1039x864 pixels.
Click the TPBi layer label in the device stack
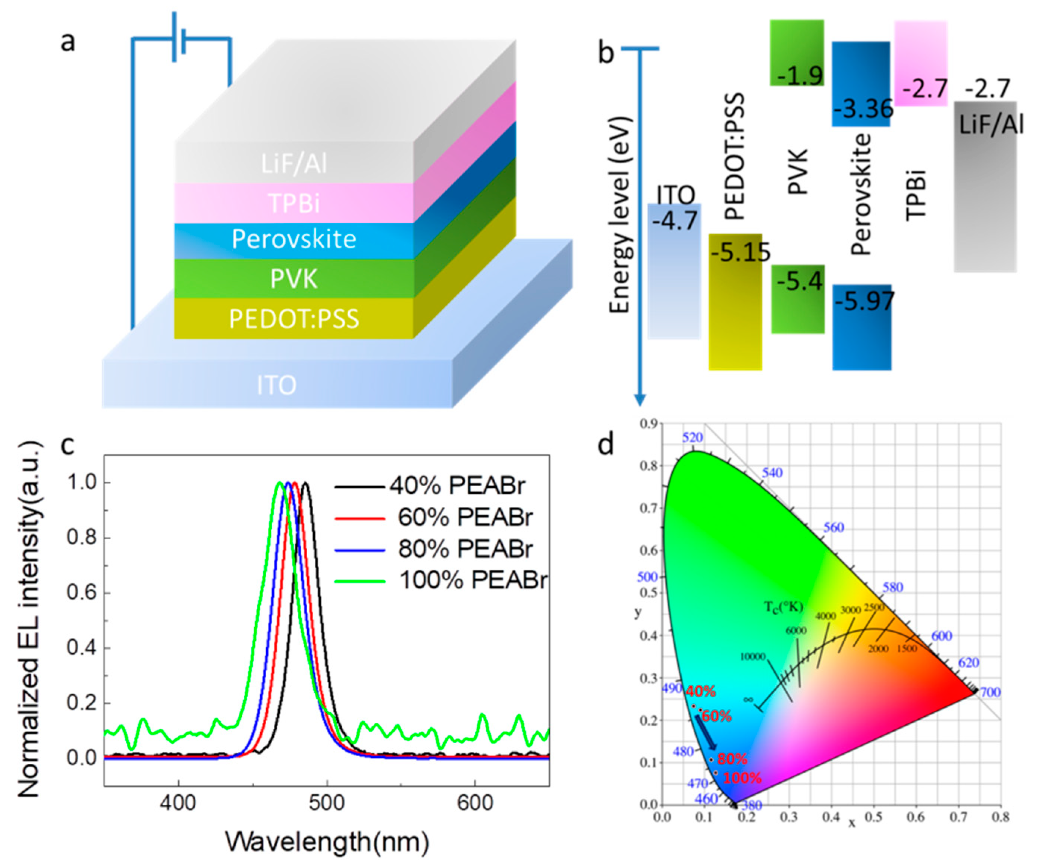coord(294,203)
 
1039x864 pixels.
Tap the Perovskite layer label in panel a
coord(294,239)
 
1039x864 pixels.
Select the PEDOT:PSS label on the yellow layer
coord(294,319)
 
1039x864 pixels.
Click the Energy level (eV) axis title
coord(619,215)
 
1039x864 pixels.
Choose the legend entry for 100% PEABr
coord(473,580)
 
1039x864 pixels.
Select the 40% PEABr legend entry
coord(456,486)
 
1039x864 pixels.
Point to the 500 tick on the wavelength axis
coord(327,802)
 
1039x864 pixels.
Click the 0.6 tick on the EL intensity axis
coord(81,593)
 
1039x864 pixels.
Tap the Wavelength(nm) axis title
coord(327,841)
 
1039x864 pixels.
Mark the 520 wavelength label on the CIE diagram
coord(692,437)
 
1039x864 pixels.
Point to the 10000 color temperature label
coord(753,657)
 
